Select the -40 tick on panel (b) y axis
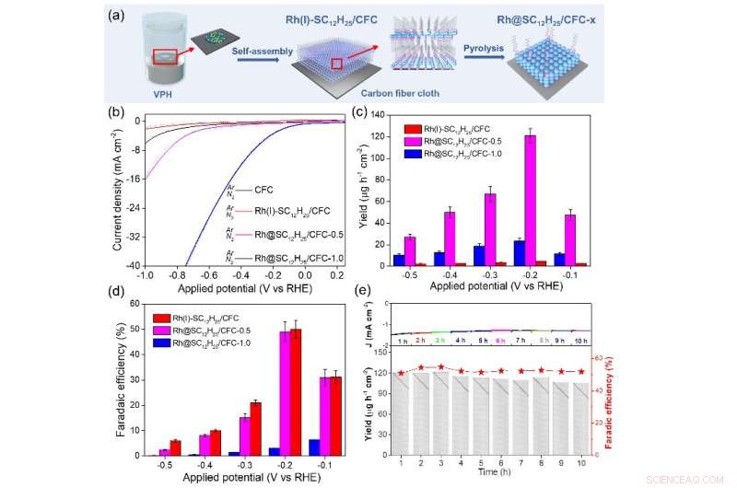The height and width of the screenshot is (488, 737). [133, 265]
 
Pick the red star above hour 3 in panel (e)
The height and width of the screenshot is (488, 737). [441, 366]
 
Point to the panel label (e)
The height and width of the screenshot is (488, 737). [364, 293]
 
